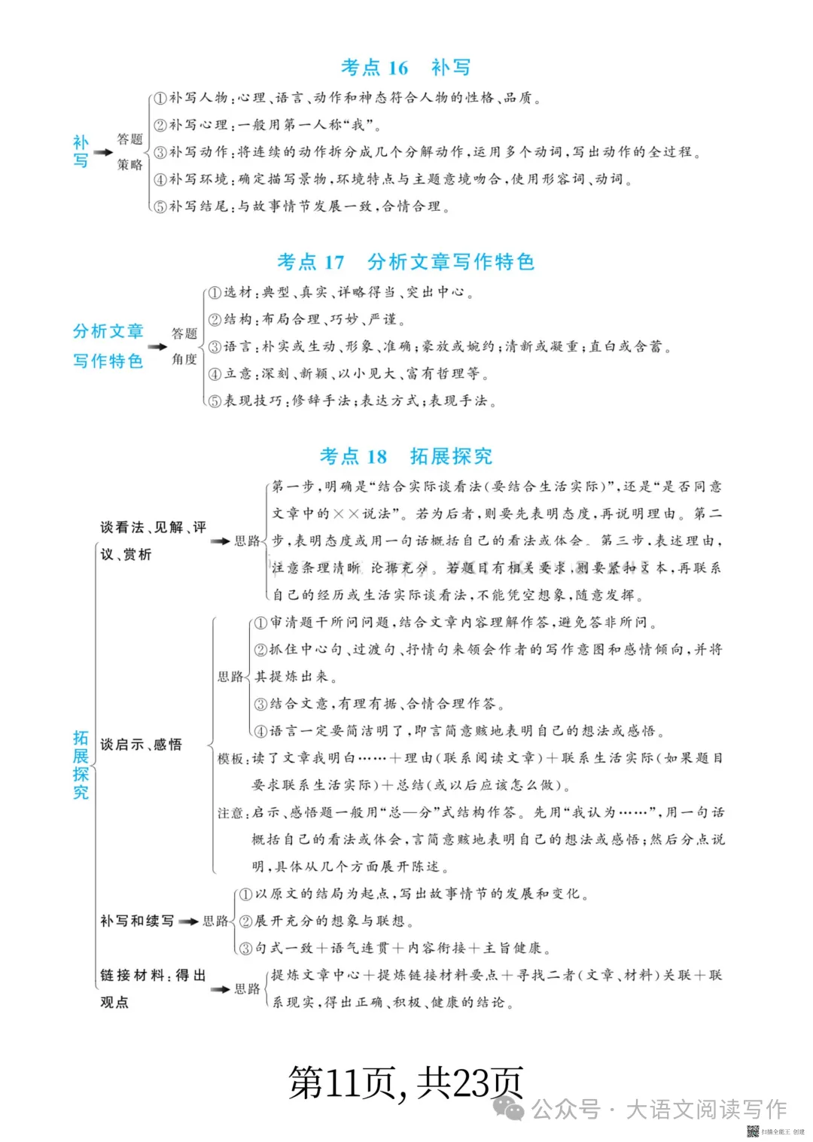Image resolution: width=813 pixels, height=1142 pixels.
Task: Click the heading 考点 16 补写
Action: click(405, 68)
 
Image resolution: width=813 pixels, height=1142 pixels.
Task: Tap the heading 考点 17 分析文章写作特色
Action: click(405, 262)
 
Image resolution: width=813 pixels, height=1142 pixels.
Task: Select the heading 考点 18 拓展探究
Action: click(405, 456)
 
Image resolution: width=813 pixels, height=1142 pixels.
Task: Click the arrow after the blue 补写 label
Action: click(103, 152)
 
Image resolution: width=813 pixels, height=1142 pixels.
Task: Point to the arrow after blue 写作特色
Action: click(157, 347)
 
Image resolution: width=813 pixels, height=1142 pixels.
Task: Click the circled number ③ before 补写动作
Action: click(160, 152)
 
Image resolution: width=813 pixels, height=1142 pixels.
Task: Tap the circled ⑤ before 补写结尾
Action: click(160, 206)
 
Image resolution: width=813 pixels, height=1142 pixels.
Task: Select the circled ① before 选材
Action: click(215, 293)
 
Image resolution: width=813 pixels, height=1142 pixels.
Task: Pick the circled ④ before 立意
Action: click(215, 374)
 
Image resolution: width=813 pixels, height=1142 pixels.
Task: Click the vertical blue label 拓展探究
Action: click(81, 764)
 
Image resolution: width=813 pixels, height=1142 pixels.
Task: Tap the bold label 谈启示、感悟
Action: click(141, 745)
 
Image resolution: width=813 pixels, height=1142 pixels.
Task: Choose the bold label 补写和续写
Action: click(137, 921)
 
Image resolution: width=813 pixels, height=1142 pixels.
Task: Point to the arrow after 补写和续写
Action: click(188, 921)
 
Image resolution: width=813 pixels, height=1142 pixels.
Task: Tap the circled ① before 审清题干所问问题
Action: click(260, 623)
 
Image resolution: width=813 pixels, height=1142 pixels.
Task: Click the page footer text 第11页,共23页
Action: click(405, 1083)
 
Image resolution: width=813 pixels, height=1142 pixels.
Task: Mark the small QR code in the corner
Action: click(752, 1131)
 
